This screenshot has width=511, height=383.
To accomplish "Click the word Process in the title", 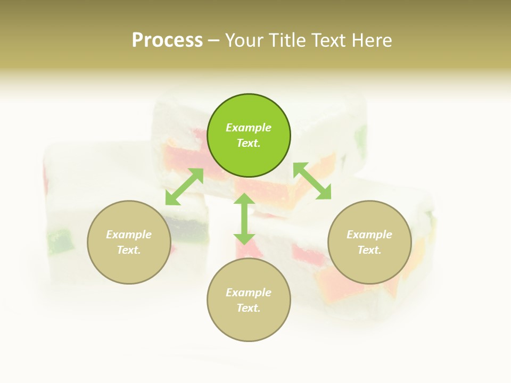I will click(167, 40).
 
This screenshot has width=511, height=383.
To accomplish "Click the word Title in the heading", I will click(287, 40).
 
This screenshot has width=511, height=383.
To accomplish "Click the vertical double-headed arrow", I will click(244, 219).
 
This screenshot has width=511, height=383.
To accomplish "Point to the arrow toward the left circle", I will click(184, 187).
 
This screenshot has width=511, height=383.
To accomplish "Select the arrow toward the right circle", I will click(312, 181).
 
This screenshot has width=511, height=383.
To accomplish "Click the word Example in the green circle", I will click(249, 128).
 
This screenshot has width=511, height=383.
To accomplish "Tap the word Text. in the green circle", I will click(249, 143).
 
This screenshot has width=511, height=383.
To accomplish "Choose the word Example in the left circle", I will click(129, 235).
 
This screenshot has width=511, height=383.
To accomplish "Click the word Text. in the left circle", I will click(129, 250).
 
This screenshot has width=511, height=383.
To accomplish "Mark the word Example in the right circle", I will click(369, 235).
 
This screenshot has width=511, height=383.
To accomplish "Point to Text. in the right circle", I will click(369, 250).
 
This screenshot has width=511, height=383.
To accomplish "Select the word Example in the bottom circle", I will click(249, 293).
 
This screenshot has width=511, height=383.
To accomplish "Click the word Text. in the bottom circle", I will click(249, 308).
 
